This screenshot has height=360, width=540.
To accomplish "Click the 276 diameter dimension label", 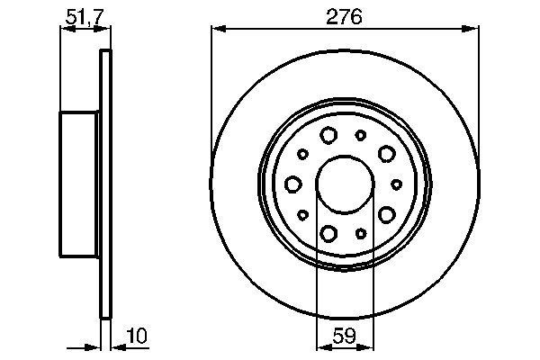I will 345,16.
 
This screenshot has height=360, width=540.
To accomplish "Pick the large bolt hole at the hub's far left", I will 293,184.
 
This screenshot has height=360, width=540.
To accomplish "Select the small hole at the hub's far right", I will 396,184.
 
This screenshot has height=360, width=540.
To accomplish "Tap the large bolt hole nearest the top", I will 328,135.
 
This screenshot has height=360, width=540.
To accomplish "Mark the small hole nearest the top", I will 361,134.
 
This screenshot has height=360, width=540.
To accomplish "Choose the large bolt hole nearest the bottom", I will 328,234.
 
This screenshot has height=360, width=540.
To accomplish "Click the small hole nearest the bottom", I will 361,233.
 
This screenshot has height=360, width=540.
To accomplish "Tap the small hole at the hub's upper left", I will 302,154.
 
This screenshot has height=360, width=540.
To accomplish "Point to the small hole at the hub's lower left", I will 302,214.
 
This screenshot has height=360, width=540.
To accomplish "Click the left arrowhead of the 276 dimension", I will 217,30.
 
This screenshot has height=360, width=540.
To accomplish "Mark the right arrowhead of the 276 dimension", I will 473,30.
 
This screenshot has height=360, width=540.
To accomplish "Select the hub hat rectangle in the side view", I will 79,184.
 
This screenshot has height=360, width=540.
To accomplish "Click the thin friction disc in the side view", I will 106,184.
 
